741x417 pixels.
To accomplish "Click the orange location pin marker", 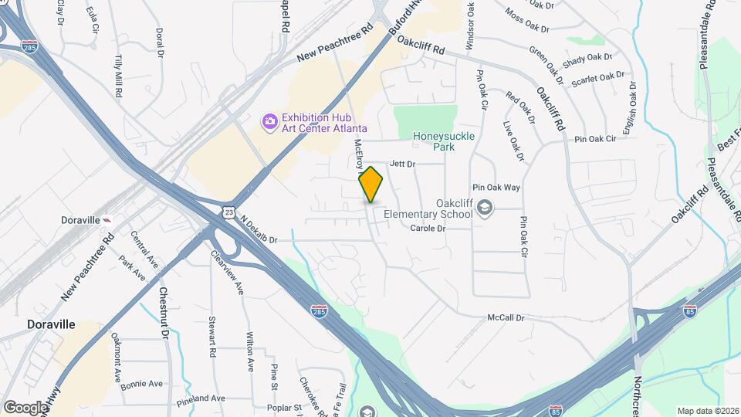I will click(x=371, y=184).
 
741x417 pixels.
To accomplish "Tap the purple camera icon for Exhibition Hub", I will click(x=269, y=121).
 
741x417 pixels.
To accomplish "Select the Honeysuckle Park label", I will click(x=444, y=141).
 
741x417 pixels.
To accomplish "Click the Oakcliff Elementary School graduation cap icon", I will click(x=484, y=208).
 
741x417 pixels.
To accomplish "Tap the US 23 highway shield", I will click(x=229, y=212).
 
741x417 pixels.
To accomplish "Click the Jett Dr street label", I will click(x=403, y=164).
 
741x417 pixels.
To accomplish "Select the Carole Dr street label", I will click(x=428, y=228).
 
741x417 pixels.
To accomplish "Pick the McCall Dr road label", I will click(x=506, y=317).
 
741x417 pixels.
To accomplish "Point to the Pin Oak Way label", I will click(x=496, y=188).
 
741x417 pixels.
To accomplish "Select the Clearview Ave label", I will click(x=227, y=275).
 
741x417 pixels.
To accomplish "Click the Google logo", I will click(x=25, y=407).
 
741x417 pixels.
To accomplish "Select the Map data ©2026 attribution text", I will click(x=707, y=410).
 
